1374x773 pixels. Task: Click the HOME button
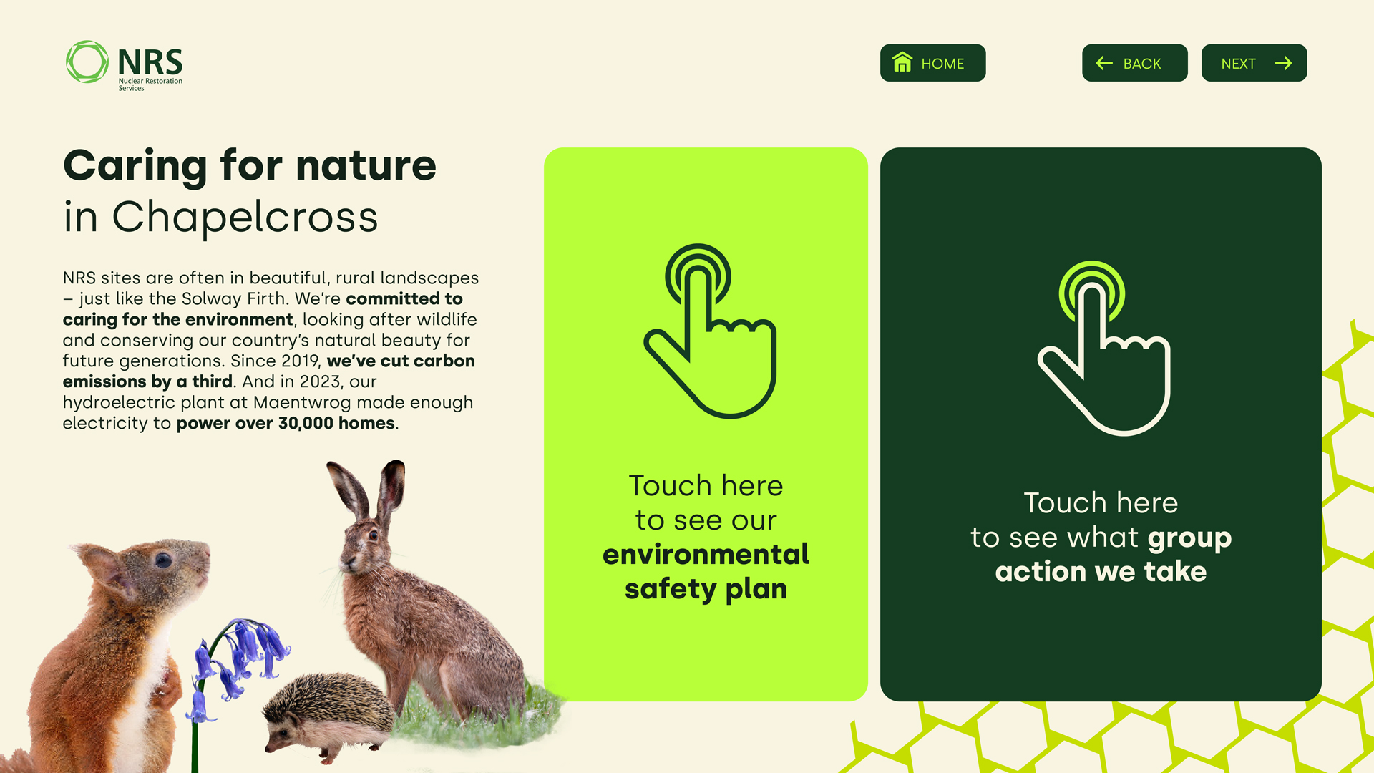932,63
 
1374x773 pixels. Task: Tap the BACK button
1134,63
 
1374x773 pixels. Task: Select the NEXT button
1254,63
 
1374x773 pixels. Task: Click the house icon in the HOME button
902,62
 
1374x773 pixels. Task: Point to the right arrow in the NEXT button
1284,63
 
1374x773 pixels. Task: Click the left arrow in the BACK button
1104,63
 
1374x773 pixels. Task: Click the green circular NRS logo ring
87,62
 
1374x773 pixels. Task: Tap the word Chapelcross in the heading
245,217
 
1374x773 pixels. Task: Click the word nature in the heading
366,165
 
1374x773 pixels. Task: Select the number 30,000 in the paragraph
306,423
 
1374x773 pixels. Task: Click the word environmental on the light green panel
706,554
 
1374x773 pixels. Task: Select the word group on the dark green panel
1189,538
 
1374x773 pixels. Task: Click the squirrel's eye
164,560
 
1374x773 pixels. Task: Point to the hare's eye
372,535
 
